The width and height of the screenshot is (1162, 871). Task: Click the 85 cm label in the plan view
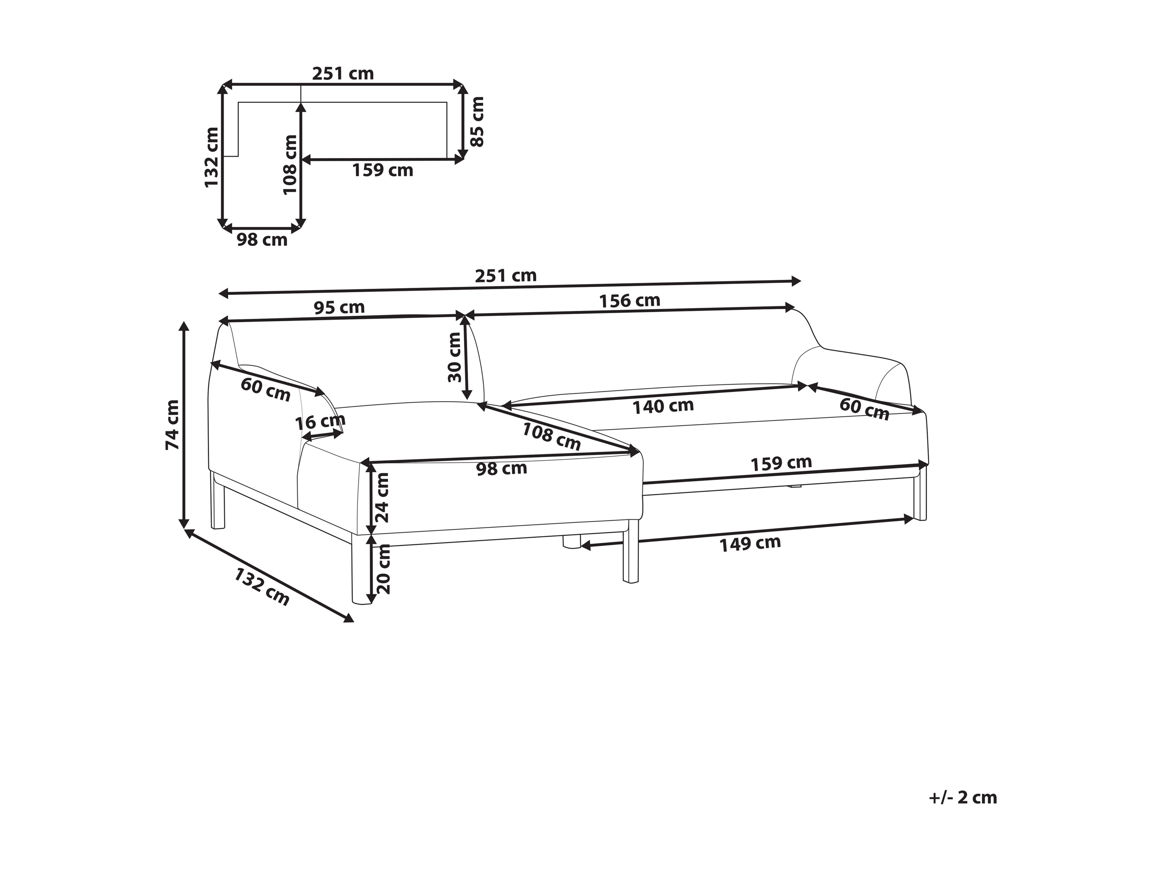click(477, 121)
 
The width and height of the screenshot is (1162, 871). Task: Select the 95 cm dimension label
click(339, 307)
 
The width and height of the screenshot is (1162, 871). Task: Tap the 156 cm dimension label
click(630, 300)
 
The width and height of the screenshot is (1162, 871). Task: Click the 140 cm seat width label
click(663, 406)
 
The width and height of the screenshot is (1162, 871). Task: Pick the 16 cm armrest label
click(320, 422)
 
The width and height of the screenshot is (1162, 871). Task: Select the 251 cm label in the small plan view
click(343, 73)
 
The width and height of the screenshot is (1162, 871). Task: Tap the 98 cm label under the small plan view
click(262, 240)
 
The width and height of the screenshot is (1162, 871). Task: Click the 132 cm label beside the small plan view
click(211, 157)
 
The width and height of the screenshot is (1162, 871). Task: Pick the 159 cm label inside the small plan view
click(382, 170)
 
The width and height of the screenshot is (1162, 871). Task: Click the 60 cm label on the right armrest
click(864, 409)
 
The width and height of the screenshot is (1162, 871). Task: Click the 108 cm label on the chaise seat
click(551, 436)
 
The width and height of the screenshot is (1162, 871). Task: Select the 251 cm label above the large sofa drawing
click(506, 276)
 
